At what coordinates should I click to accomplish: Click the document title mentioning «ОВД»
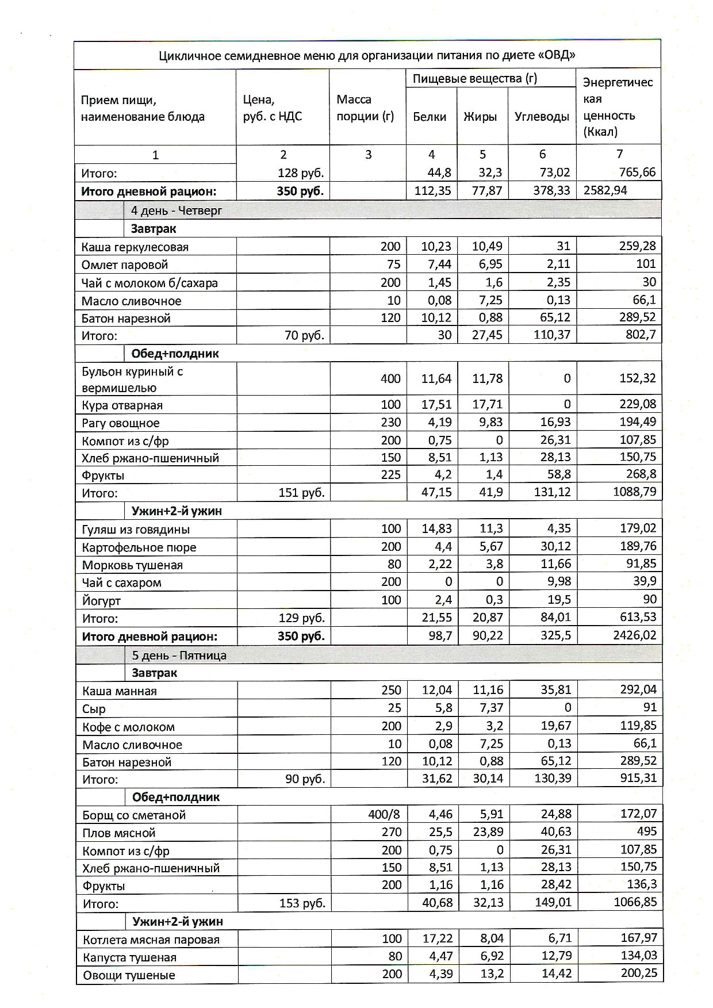point(367,55)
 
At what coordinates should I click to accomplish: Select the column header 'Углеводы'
point(542,117)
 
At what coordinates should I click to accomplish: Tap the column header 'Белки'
point(430,117)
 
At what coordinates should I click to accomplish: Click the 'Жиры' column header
point(480,117)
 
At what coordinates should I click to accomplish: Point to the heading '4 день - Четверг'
point(177,210)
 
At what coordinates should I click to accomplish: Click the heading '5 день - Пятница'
point(179,656)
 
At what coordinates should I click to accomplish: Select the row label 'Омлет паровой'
point(125,265)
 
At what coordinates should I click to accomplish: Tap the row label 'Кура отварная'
point(122,405)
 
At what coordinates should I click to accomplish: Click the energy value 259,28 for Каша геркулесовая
point(637,246)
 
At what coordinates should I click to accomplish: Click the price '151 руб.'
point(301,493)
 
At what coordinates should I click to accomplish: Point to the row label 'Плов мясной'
point(119,833)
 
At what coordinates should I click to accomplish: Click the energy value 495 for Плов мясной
point(646,831)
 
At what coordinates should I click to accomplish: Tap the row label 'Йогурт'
point(101,601)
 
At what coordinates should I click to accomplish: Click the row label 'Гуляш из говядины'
point(136,530)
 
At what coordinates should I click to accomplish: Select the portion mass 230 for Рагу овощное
point(390,423)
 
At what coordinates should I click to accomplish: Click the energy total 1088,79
point(634,492)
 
